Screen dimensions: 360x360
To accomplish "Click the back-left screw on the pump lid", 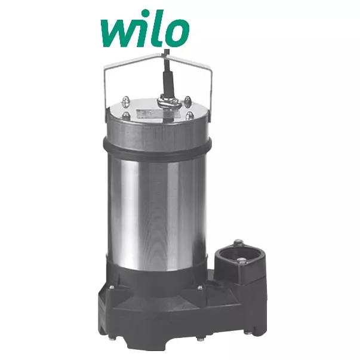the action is (x=125, y=99).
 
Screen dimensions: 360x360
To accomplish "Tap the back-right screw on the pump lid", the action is (x=187, y=100).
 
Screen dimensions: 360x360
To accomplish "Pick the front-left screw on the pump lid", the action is (x=125, y=115).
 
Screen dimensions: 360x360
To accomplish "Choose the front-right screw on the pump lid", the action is (x=189, y=115).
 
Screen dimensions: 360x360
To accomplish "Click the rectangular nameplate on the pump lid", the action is (x=149, y=113).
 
